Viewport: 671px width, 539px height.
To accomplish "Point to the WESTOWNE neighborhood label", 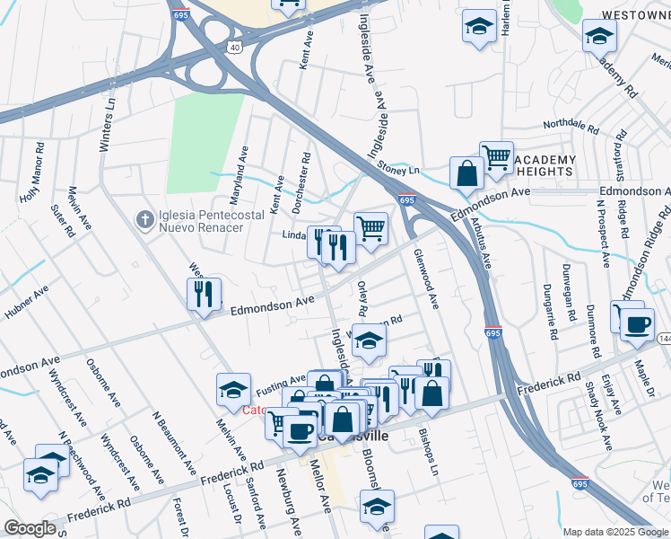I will click(x=627, y=15).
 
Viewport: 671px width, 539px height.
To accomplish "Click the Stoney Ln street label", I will click(x=398, y=169).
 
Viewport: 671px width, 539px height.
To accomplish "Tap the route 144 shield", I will click(x=664, y=338).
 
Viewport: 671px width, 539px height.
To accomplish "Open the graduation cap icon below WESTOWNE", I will click(x=599, y=36).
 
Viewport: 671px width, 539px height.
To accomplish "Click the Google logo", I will click(x=30, y=528).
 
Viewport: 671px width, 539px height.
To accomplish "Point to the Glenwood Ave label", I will click(x=425, y=277).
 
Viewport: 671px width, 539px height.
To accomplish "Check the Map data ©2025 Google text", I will click(x=615, y=532).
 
